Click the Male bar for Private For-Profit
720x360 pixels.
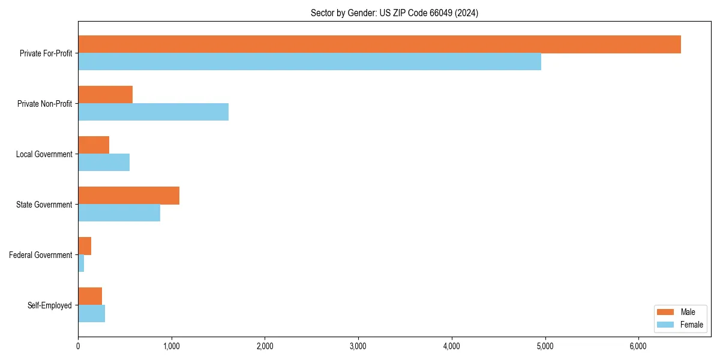coord(379,44)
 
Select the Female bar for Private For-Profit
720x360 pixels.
coord(310,62)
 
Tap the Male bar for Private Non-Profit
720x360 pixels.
coord(105,95)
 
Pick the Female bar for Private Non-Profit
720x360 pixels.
coord(153,112)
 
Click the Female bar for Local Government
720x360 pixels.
coord(104,163)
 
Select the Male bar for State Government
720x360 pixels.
coord(128,196)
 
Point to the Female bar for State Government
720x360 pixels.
coord(119,213)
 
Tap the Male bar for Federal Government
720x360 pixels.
coord(85,246)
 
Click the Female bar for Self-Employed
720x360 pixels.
coord(91,314)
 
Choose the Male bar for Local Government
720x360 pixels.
coord(94,145)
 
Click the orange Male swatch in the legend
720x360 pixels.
coord(665,312)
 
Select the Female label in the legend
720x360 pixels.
coord(691,325)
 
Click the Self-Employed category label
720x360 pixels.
coord(50,305)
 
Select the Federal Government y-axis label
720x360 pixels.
coord(41,255)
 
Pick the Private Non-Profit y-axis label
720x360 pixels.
coord(44,104)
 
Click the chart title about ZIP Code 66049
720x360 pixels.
coord(394,13)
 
